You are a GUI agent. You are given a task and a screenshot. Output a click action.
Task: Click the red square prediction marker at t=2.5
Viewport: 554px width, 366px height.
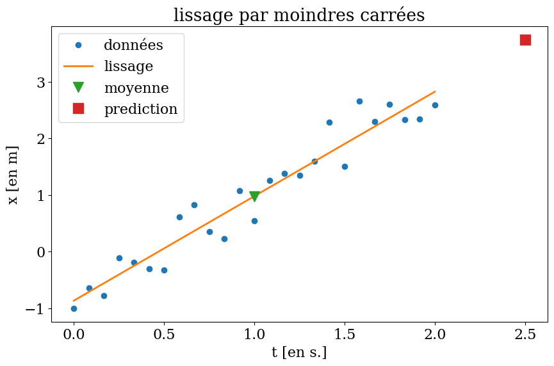(525, 40)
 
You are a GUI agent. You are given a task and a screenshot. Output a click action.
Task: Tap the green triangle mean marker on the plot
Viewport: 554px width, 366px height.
(254, 196)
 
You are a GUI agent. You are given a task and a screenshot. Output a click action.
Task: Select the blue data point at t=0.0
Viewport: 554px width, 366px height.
(74, 308)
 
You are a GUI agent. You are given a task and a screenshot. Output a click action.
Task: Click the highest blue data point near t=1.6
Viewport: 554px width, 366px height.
(359, 101)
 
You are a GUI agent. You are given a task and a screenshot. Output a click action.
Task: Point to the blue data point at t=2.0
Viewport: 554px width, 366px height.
(435, 105)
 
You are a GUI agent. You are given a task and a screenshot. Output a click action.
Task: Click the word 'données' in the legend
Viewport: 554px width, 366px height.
(133, 45)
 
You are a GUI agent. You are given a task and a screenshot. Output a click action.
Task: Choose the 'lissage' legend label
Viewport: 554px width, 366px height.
(128, 67)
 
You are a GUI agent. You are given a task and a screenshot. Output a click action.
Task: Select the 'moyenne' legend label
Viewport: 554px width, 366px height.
(136, 88)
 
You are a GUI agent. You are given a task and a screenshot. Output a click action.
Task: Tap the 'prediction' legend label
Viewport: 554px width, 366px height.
(140, 109)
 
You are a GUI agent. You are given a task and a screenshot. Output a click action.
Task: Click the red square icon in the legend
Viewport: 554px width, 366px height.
(78, 109)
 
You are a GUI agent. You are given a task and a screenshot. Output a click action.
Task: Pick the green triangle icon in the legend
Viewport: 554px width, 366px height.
(78, 88)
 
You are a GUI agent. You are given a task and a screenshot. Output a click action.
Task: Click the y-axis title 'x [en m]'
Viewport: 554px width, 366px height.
(13, 175)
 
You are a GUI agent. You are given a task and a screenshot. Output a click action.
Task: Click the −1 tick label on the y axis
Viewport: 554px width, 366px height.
(34, 308)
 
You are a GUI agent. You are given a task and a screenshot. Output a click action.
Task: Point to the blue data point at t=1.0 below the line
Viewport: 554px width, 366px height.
(254, 221)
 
